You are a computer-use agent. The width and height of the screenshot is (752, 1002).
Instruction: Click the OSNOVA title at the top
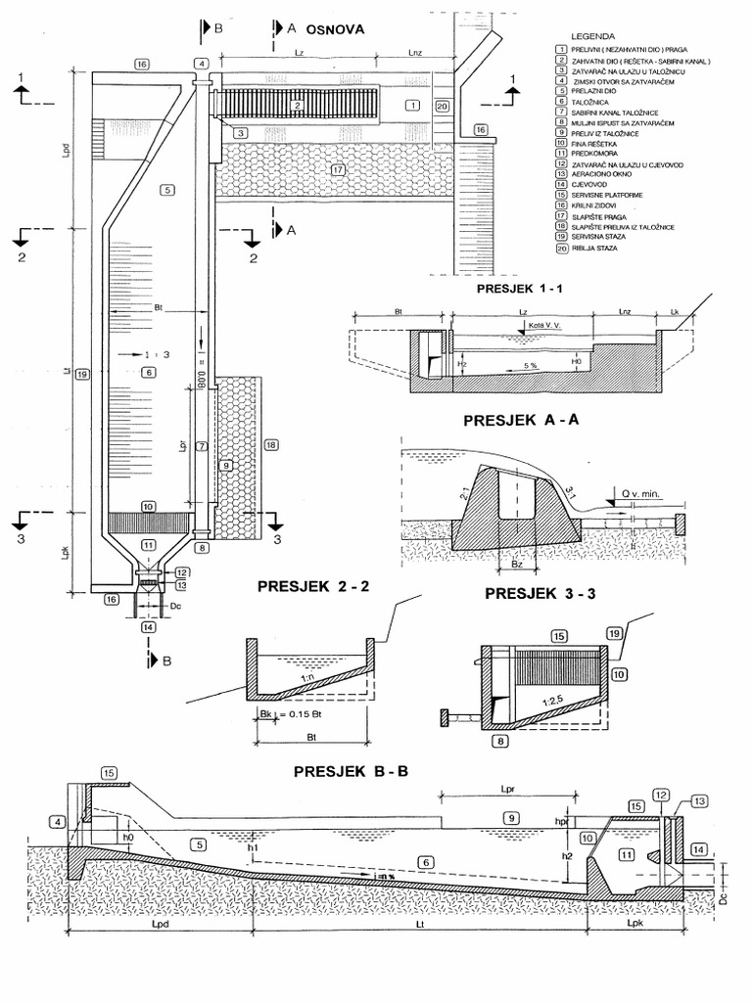coord(335,29)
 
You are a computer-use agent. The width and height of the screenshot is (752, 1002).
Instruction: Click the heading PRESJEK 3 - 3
coord(535,593)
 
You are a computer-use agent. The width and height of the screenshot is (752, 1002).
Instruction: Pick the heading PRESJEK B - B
coord(351,772)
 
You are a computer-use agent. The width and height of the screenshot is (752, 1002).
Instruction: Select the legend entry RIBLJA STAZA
coord(597,249)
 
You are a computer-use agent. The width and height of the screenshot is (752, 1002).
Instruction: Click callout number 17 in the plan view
coord(338,169)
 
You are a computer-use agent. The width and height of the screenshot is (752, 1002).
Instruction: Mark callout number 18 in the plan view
coord(270,445)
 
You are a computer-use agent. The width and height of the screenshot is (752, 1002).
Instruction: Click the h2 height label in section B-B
coord(567,853)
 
